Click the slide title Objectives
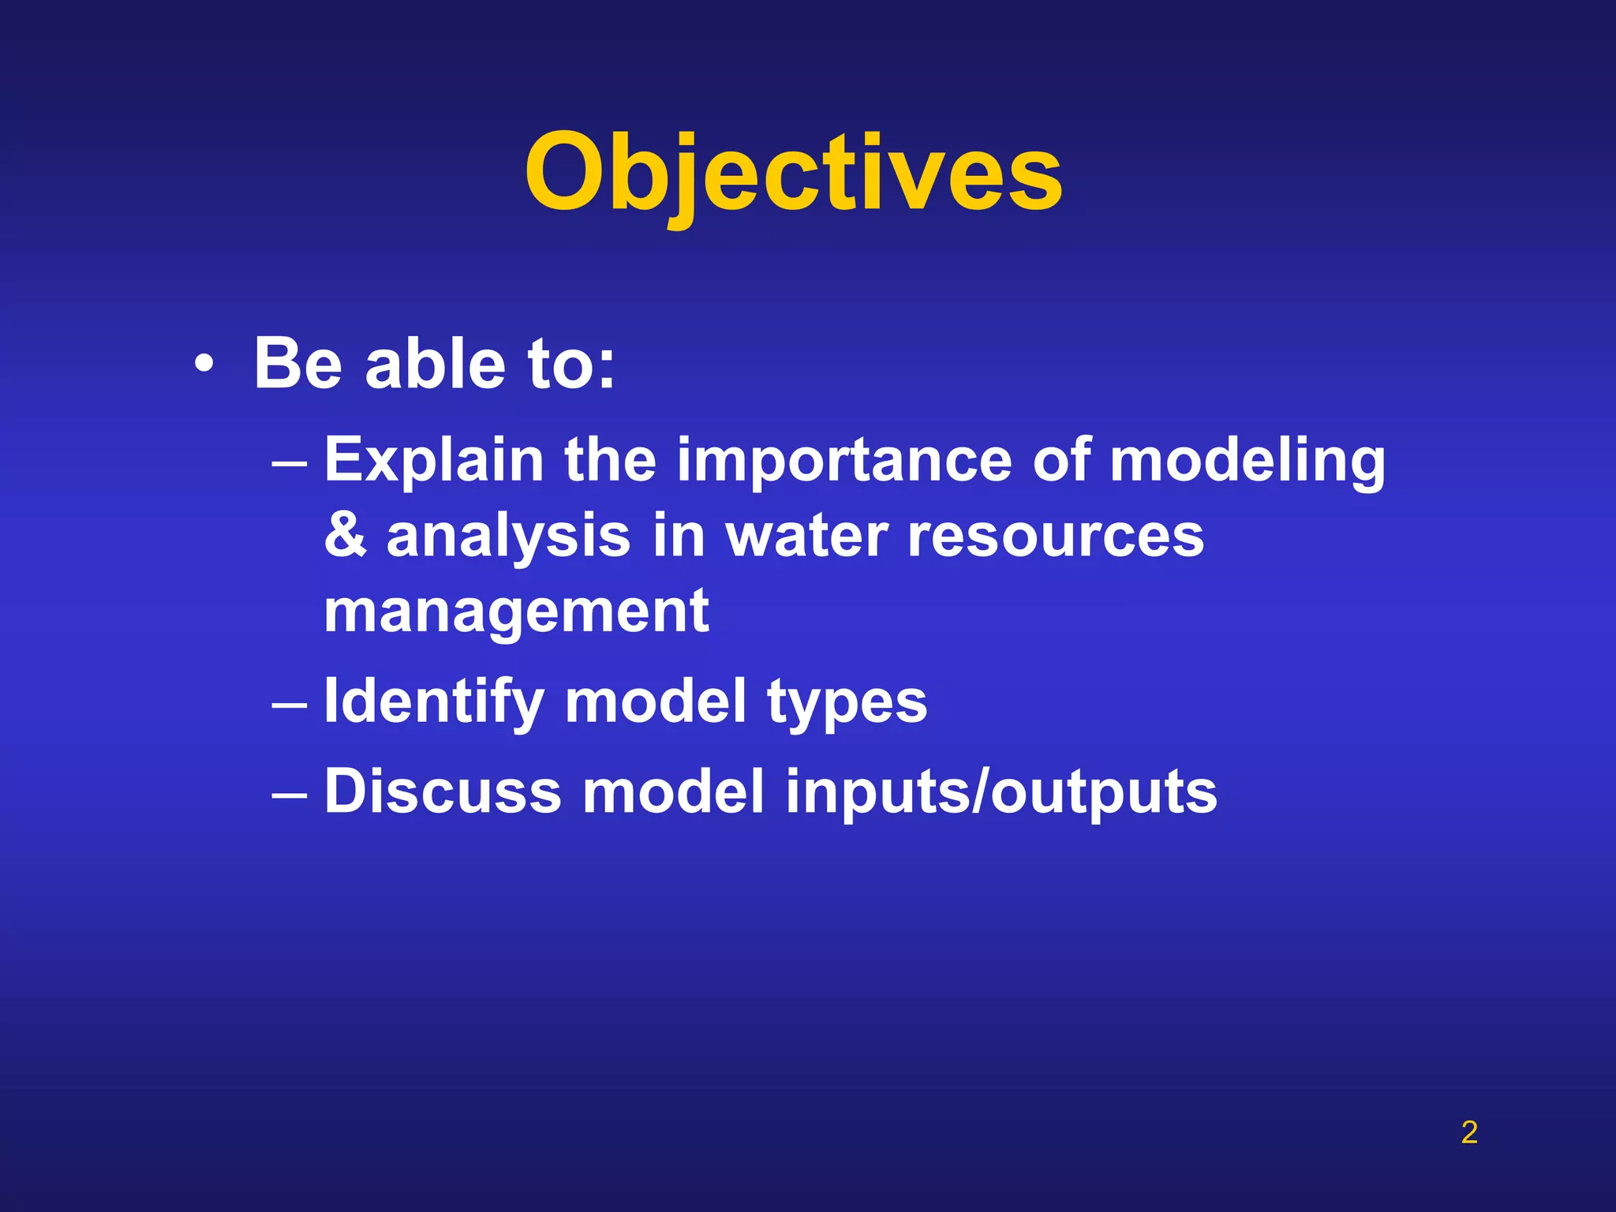(793, 174)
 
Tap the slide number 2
(1468, 1132)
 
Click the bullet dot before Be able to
(204, 365)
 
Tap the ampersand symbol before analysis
(346, 536)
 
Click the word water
(806, 536)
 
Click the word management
(516, 612)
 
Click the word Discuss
(443, 791)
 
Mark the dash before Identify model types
(289, 703)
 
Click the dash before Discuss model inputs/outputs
(289, 793)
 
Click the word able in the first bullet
(435, 365)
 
